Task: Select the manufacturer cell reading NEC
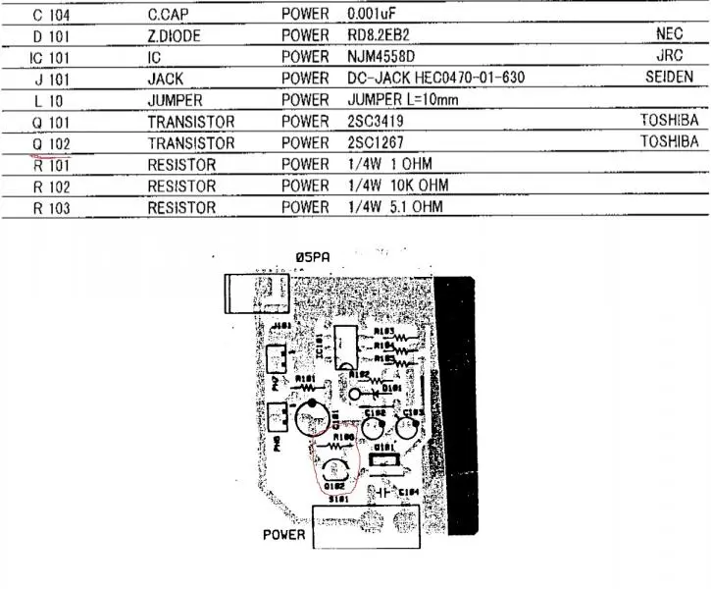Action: [669, 34]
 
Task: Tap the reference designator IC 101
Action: [51, 57]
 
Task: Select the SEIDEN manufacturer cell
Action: [670, 78]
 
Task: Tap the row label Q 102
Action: [51, 143]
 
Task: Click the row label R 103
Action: [51, 208]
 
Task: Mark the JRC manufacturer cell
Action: [670, 56]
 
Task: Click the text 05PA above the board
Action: [312, 257]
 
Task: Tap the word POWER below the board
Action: [284, 536]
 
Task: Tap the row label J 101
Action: [51, 79]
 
